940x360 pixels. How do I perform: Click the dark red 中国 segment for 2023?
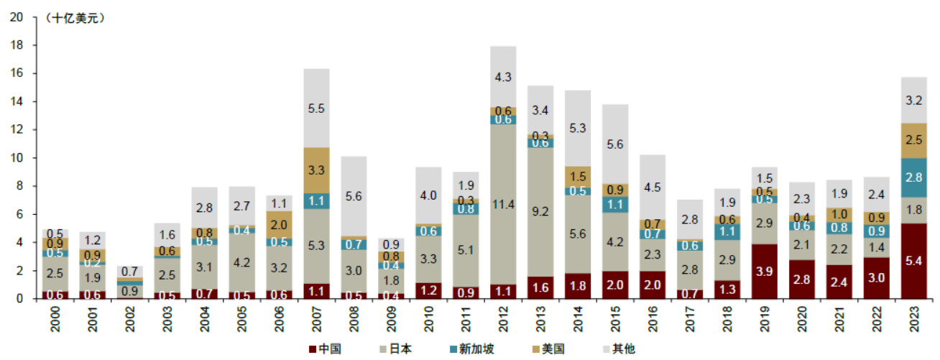913,261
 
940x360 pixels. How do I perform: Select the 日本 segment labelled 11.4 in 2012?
503,205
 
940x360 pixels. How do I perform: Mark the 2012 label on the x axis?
503,319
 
